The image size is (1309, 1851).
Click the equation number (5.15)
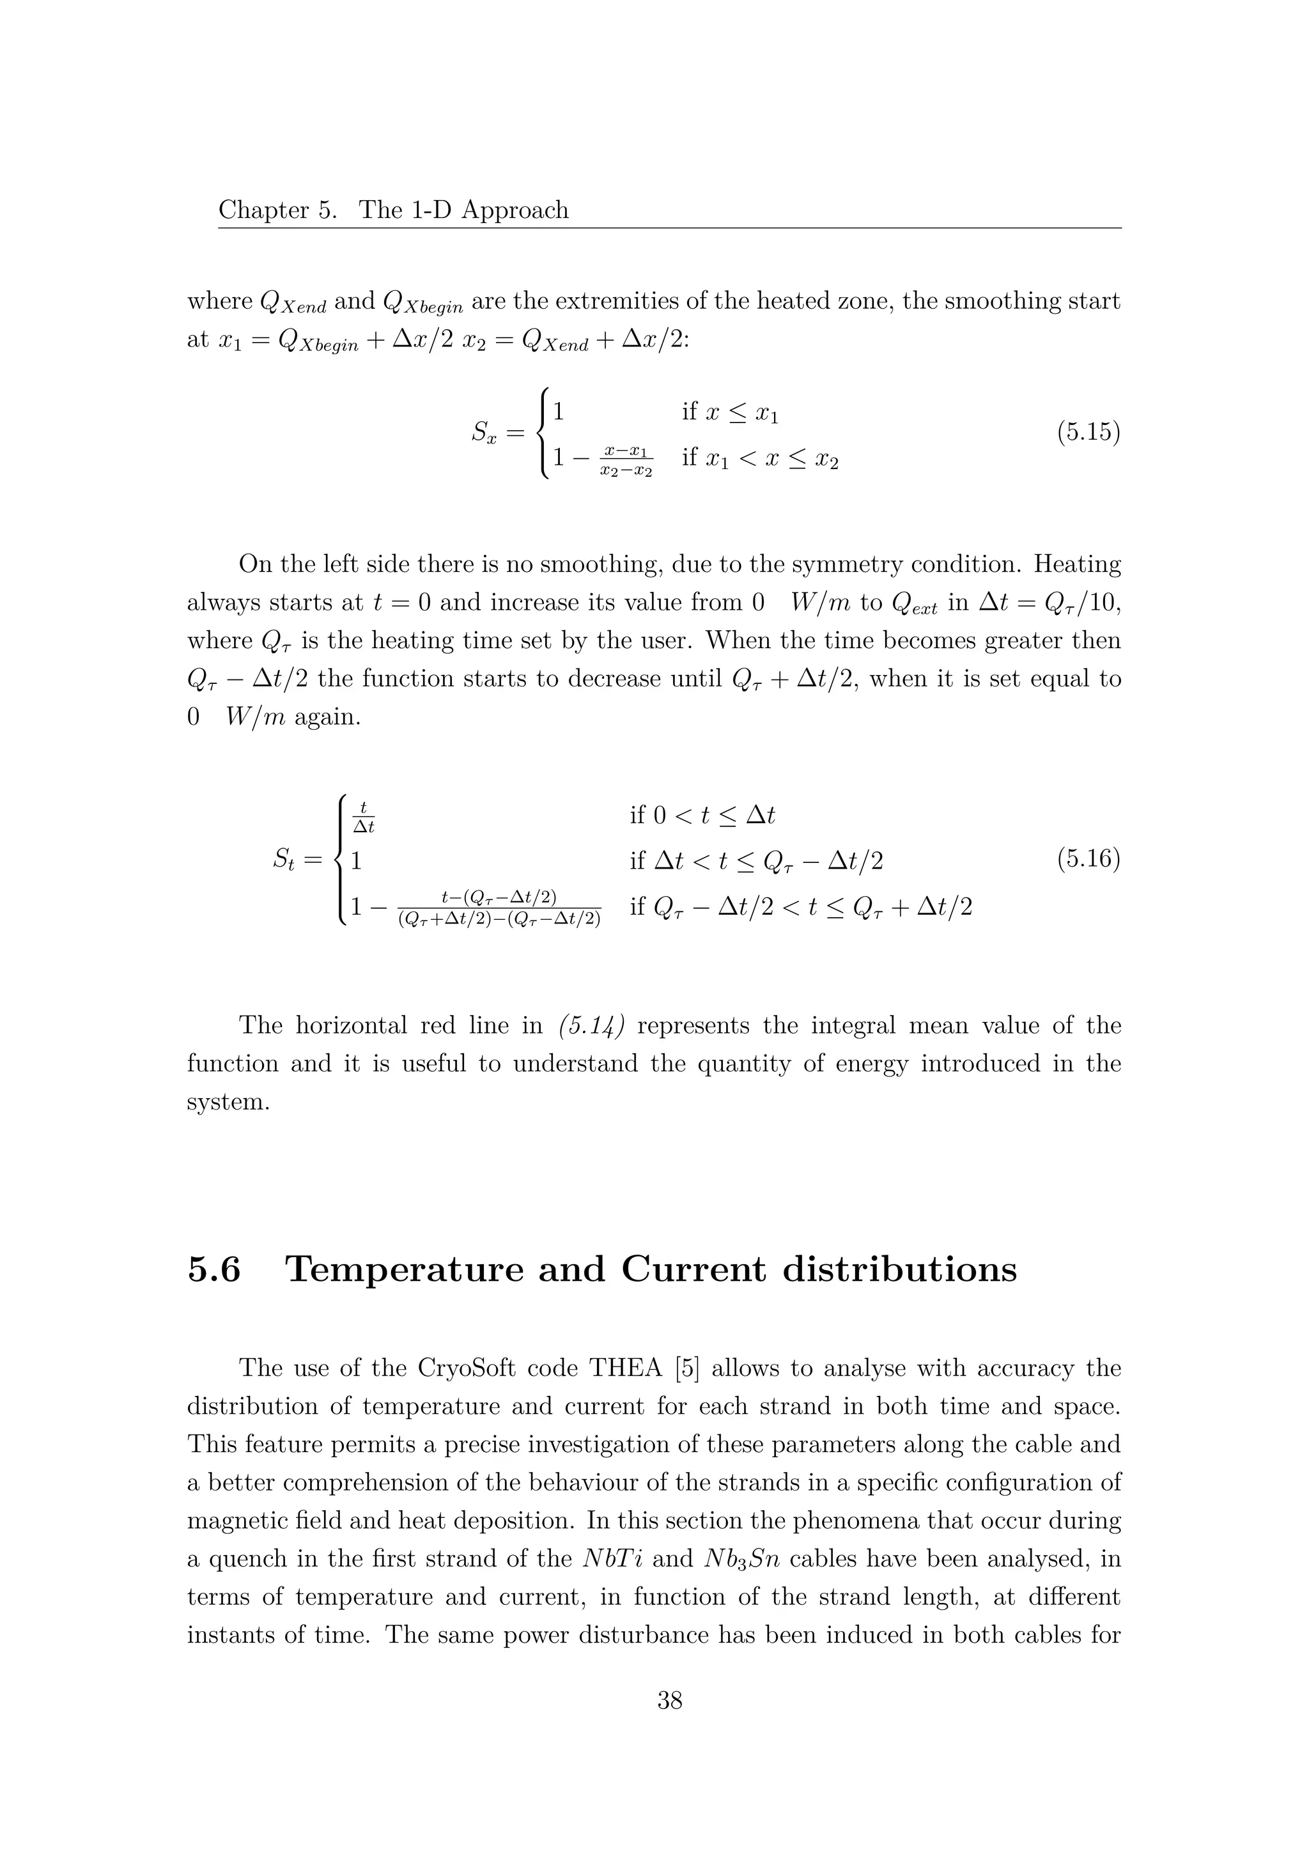1088,433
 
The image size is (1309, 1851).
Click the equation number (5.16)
1088,860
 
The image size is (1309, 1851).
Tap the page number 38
670,1723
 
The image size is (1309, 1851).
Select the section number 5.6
213,1270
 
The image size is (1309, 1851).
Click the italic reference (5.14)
591,1026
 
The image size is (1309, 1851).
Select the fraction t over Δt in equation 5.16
364,817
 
